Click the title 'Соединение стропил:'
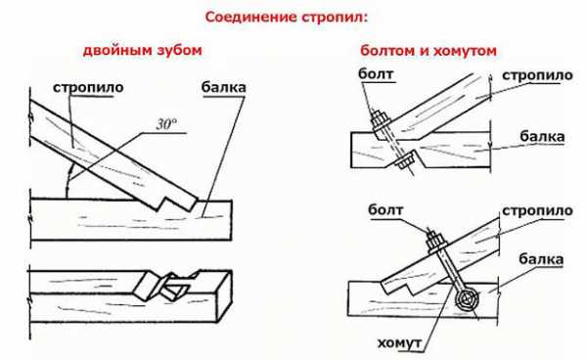287,18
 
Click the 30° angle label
167,124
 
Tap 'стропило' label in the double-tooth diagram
88,88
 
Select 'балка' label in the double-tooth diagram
223,87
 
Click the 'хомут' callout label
399,342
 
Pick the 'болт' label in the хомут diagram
385,209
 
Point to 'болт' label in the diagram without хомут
376,73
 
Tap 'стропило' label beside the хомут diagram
537,211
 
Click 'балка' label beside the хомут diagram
541,259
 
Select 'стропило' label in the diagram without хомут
537,75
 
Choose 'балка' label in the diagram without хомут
542,137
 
